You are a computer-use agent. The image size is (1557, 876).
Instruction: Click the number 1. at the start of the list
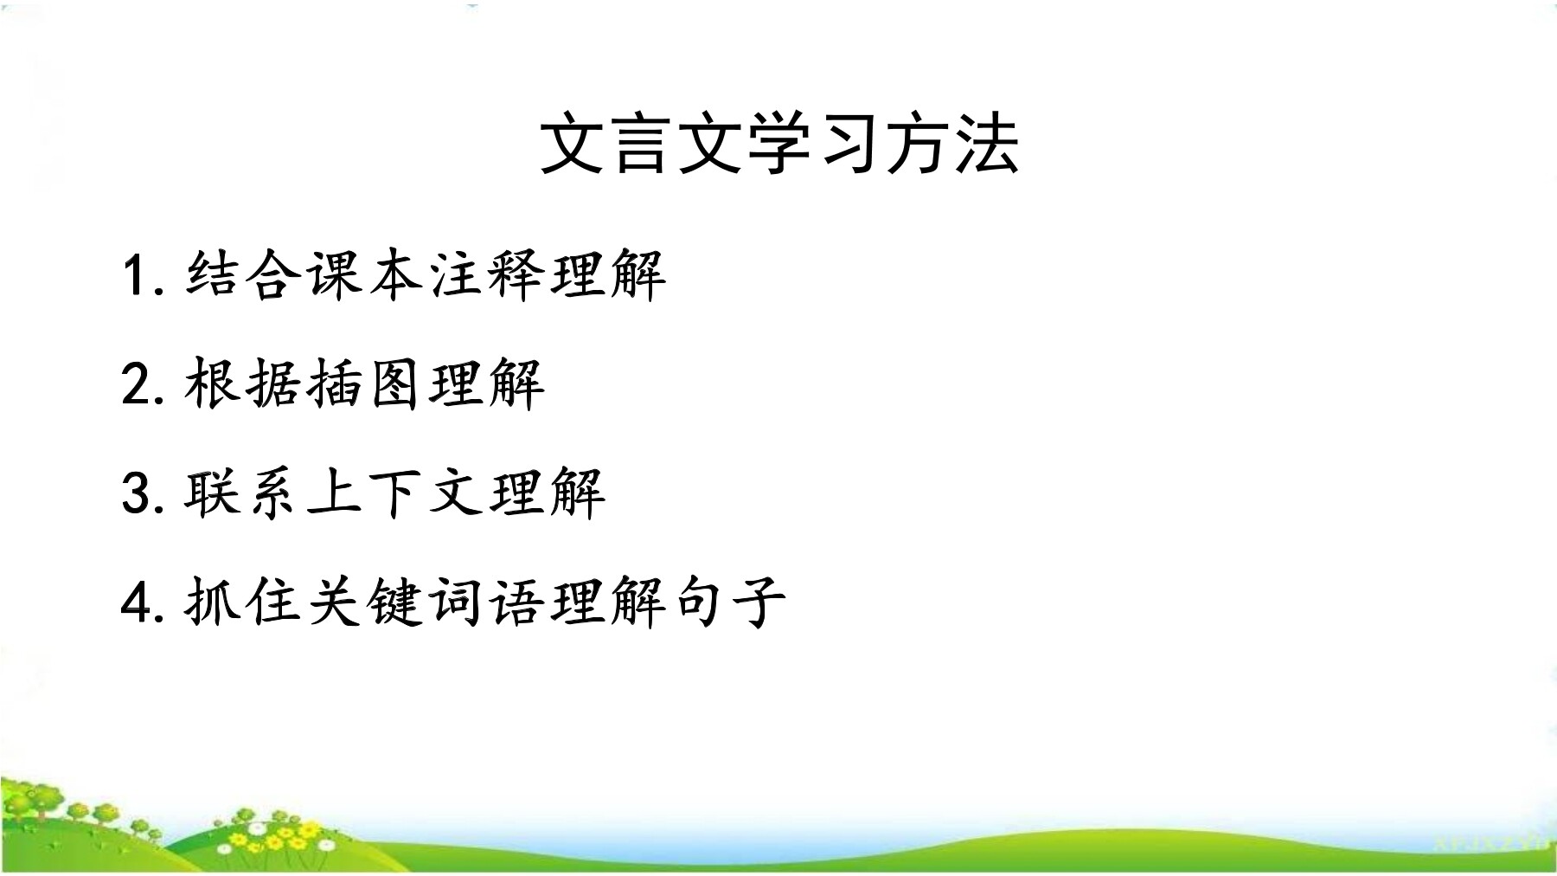click(143, 275)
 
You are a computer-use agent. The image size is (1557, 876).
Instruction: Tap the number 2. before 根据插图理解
click(143, 384)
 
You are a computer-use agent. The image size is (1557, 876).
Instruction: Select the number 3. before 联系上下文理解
click(143, 493)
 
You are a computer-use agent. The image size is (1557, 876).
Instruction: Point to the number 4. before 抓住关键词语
click(143, 602)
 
